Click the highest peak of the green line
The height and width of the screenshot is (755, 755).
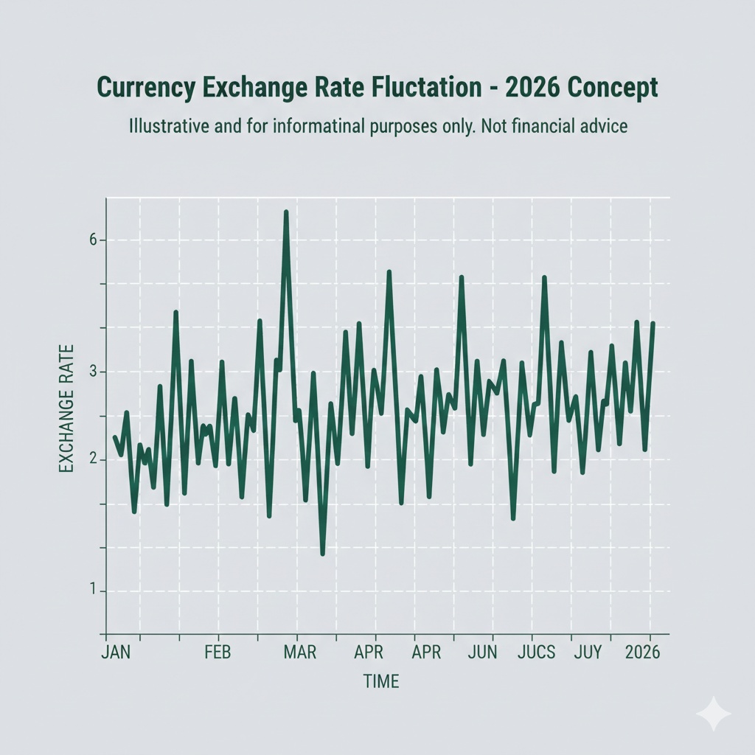click(286, 213)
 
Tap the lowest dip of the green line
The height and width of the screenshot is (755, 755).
click(323, 553)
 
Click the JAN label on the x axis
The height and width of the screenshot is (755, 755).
click(115, 653)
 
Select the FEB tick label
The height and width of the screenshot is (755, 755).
click(218, 653)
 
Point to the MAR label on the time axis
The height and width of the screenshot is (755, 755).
click(300, 653)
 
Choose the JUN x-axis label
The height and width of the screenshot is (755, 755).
click(482, 653)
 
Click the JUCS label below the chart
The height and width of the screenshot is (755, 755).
click(537, 653)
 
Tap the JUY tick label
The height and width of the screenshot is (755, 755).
click(588, 653)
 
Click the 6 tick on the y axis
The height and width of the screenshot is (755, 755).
click(93, 240)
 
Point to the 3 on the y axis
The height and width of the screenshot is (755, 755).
click(93, 372)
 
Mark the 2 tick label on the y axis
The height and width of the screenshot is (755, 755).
click(93, 460)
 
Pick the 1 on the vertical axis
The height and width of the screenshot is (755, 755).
click(93, 591)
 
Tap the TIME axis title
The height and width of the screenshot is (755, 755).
click(381, 681)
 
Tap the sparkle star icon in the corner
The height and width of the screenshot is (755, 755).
click(714, 714)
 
